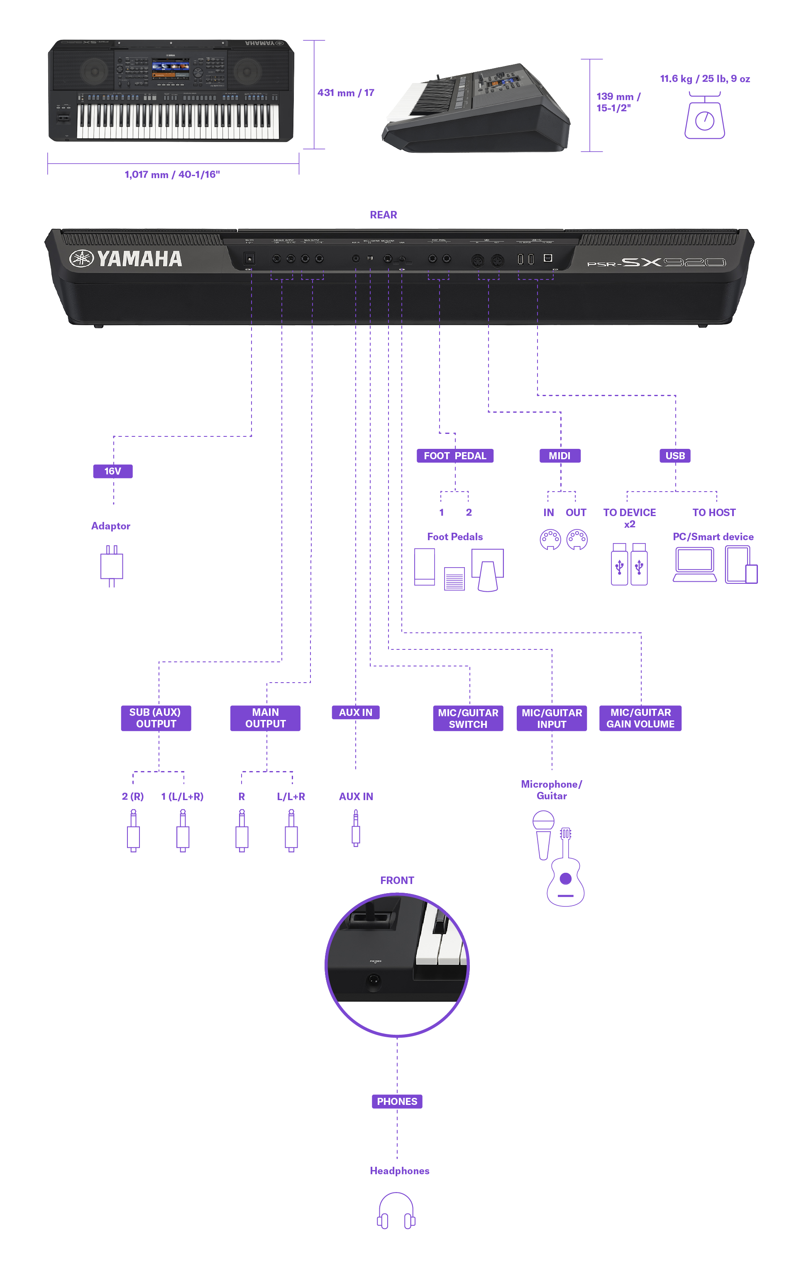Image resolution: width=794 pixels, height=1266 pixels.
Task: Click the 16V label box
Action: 113,471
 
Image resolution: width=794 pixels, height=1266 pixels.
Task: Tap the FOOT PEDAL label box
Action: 455,455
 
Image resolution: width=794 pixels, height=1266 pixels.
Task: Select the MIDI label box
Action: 560,455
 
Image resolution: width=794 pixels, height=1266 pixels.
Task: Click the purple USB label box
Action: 675,455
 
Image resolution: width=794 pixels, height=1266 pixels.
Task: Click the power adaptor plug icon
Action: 111,566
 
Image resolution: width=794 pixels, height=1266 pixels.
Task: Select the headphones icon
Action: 396,1210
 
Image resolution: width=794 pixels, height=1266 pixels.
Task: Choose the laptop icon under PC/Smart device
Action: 694,564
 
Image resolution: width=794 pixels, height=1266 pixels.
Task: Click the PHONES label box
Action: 397,1101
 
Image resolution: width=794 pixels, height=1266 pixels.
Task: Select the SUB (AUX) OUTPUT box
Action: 156,718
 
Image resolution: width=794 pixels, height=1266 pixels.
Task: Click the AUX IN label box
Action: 356,713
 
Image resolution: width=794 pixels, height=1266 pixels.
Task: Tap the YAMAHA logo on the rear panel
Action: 126,258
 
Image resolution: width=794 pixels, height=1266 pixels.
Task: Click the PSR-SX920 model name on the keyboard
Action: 657,262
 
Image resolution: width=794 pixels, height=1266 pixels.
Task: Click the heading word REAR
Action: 384,215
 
